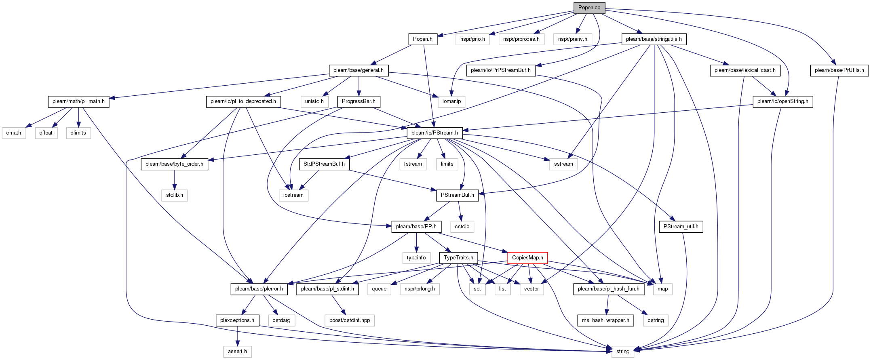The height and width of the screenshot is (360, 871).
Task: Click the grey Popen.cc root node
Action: tap(589, 8)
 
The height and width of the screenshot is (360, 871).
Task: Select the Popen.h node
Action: tap(423, 39)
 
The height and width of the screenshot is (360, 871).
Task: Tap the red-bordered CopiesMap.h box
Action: tap(527, 258)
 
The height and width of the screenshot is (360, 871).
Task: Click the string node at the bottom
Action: tap(623, 352)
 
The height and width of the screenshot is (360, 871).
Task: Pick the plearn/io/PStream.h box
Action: tap(434, 133)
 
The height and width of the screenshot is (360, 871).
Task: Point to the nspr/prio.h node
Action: tap(472, 39)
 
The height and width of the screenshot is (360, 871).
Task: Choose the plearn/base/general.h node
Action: tap(359, 70)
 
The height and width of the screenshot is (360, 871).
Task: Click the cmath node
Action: tap(14, 133)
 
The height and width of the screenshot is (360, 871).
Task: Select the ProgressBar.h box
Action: tap(359, 101)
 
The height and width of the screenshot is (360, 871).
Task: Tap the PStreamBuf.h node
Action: tap(458, 195)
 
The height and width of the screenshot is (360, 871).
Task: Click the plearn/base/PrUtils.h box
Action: tap(839, 70)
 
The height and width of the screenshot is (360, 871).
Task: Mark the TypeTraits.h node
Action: tap(458, 258)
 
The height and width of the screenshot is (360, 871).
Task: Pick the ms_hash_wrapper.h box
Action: tap(605, 320)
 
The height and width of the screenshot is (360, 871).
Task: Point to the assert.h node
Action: tap(237, 352)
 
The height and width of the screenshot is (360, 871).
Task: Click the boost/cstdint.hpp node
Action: tap(350, 320)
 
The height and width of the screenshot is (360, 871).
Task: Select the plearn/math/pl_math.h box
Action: tap(78, 101)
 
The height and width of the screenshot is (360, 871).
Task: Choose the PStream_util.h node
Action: tap(681, 227)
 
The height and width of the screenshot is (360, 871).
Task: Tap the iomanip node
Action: tap(451, 101)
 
